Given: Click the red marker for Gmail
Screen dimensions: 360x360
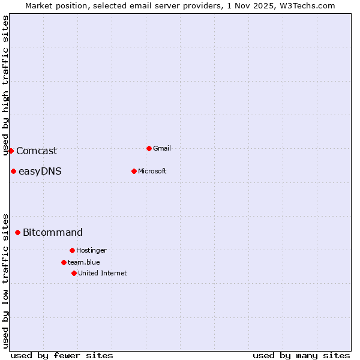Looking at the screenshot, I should [149, 148].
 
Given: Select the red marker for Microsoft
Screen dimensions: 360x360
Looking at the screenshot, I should [134, 171].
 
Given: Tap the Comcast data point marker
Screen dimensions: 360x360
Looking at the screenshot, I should [11, 151].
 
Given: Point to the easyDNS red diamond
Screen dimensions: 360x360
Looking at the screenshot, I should [13, 171].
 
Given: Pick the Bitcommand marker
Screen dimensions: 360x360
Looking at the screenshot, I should [17, 232].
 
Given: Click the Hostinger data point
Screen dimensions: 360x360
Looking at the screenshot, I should [72, 250].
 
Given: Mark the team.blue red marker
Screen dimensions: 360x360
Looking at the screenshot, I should [64, 262].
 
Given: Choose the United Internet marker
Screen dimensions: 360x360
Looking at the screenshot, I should [74, 273].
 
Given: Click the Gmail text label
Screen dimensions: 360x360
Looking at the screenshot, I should [162, 148].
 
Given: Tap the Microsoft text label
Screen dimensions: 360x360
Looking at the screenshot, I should [152, 171].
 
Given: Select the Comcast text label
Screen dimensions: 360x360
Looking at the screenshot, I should [37, 151].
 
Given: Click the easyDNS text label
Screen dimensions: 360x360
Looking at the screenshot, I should [40, 172].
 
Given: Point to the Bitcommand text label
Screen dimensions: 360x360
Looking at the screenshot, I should [53, 233].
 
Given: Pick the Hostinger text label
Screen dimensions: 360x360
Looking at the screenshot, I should [91, 250].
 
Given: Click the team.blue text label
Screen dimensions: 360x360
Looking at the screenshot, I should [83, 262].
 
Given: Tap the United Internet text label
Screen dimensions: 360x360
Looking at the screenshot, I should [102, 273].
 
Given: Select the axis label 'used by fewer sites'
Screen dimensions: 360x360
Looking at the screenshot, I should [62, 355].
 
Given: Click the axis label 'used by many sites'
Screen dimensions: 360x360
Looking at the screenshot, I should [301, 355].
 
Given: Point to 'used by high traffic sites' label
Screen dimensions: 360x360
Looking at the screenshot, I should [5, 85].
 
